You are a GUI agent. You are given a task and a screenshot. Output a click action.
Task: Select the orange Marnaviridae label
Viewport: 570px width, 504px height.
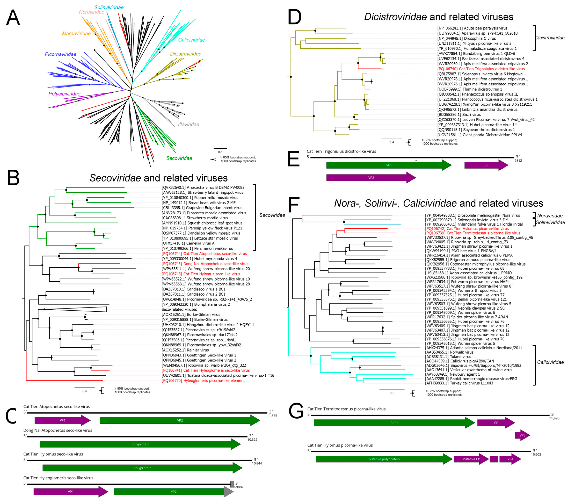coord(76,34)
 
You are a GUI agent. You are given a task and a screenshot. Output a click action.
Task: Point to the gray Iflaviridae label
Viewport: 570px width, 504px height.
coord(188,124)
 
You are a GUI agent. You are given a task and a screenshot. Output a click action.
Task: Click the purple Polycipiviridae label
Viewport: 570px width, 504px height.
coord(64,94)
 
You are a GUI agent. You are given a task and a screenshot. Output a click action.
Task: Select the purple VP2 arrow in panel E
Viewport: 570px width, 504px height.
coord(371,178)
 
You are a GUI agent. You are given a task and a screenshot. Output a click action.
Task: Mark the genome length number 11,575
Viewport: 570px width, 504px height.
coord(272,416)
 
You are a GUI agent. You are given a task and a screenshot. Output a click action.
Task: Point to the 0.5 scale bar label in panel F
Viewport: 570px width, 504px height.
coord(392,393)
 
